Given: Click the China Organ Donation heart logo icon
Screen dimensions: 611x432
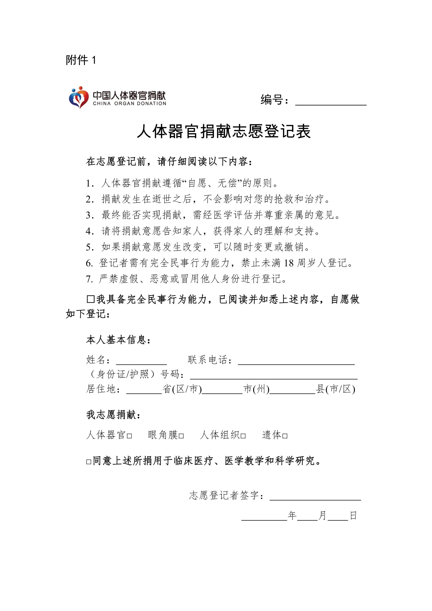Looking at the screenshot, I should (x=79, y=98).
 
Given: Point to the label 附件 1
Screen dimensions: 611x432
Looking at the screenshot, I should (x=81, y=60).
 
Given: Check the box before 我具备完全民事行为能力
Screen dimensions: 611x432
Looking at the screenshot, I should (x=91, y=299).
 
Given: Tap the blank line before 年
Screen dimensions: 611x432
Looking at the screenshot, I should (x=264, y=516).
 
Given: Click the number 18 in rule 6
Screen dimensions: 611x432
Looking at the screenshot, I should (x=289, y=263).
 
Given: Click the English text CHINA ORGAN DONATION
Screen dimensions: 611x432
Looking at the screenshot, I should (x=130, y=103).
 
